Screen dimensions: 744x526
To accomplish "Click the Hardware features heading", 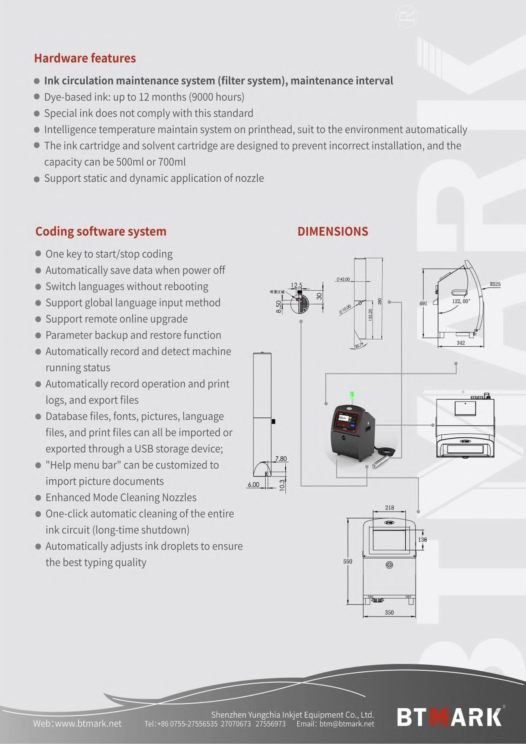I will click(x=85, y=58).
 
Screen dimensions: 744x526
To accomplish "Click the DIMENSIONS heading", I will click(x=332, y=231).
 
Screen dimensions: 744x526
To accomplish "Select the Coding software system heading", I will click(x=101, y=231).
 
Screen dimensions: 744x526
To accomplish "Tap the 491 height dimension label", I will click(x=423, y=303).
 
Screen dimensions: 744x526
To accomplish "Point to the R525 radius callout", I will click(x=495, y=284).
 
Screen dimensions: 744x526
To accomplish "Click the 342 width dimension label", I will click(x=461, y=343).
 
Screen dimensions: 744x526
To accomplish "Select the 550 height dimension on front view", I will click(x=348, y=561).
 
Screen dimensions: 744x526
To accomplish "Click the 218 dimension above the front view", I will click(x=389, y=507).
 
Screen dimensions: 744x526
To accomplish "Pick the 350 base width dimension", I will click(x=389, y=612).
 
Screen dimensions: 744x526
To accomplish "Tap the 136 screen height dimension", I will click(x=422, y=539).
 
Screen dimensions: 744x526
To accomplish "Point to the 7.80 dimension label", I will click(x=281, y=459).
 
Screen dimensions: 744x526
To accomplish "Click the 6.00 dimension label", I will click(x=253, y=484).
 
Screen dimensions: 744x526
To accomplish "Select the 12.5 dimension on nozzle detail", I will click(x=296, y=285).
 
